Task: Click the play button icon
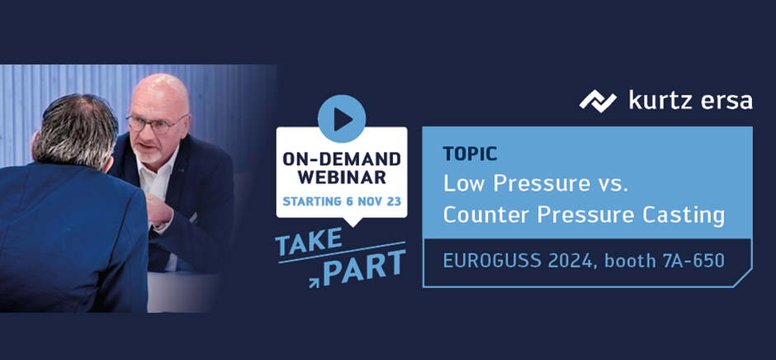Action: pos(342,120)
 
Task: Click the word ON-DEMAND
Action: pos(342,159)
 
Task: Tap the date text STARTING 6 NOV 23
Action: pos(342,201)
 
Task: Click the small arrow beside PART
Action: pos(314,282)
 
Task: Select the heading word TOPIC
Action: pos(471,154)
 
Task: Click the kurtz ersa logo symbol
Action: pos(598,101)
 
